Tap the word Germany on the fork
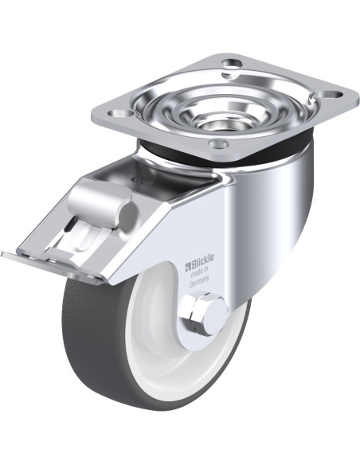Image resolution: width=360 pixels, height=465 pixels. click(199, 280)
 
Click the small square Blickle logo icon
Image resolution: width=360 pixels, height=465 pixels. click(188, 266)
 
